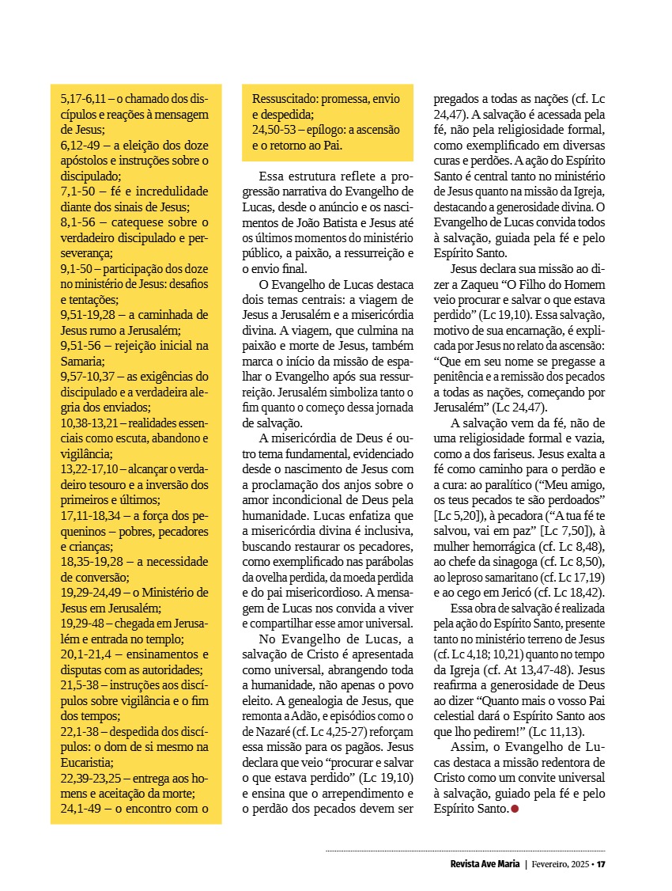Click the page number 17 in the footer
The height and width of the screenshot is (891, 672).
pos(601,863)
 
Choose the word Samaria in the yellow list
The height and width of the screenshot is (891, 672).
pos(82,361)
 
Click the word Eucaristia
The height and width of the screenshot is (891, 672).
pos(87,763)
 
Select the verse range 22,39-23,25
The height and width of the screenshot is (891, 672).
pos(96,779)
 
